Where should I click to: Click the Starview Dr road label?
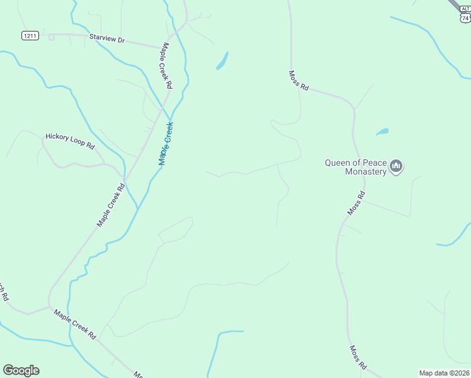pyautogui.click(x=107, y=40)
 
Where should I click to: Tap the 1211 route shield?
pyautogui.click(x=30, y=35)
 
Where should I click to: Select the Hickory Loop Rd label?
pyautogui.click(x=69, y=140)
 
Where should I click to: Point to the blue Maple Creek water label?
pyautogui.click(x=166, y=144)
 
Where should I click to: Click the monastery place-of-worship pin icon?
pyautogui.click(x=396, y=166)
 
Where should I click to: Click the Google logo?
pyautogui.click(x=21, y=370)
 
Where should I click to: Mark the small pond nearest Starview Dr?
pyautogui.click(x=222, y=60)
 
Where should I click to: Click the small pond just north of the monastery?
pyautogui.click(x=382, y=132)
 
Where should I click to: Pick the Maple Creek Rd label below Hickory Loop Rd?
pyautogui.click(x=112, y=205)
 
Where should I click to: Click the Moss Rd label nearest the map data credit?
pyautogui.click(x=358, y=357)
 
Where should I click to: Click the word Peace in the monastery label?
pyautogui.click(x=373, y=162)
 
